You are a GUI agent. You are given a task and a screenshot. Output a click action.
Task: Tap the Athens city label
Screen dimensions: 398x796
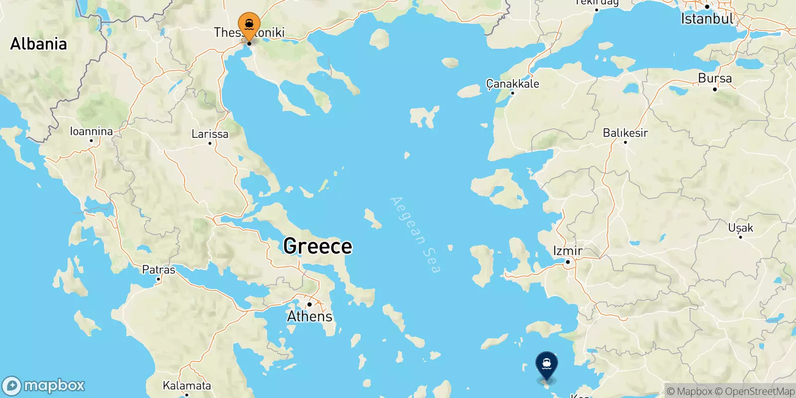[x=309, y=316]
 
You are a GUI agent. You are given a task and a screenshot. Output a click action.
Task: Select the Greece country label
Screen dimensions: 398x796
[x=317, y=246]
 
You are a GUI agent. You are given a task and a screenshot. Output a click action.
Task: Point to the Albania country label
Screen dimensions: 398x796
[x=38, y=44]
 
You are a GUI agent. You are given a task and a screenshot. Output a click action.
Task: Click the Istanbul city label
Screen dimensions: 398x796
[x=707, y=19]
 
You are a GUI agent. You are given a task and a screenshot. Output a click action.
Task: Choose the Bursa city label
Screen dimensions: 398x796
[x=715, y=79]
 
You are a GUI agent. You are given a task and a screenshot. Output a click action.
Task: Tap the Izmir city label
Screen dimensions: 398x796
[x=568, y=251]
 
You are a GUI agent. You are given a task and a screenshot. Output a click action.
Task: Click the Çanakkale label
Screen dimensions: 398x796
[x=512, y=84]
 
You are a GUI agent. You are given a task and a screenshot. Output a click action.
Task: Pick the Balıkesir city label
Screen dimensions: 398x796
[x=625, y=133]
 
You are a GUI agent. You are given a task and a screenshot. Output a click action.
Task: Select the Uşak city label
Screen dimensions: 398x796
[x=740, y=228]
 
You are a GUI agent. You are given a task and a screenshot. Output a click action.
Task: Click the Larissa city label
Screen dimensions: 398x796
[x=210, y=134]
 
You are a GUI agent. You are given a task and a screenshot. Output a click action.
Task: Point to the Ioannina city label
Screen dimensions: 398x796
[x=91, y=131]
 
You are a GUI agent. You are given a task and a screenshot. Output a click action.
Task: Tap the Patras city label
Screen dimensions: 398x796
[x=159, y=270]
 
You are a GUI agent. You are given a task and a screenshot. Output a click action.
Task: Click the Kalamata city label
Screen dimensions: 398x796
[x=187, y=386]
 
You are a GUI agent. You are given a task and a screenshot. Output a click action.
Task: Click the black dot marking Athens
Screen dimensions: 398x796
[x=309, y=304]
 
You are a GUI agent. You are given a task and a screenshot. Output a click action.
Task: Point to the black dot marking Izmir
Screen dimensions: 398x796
[x=568, y=262]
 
